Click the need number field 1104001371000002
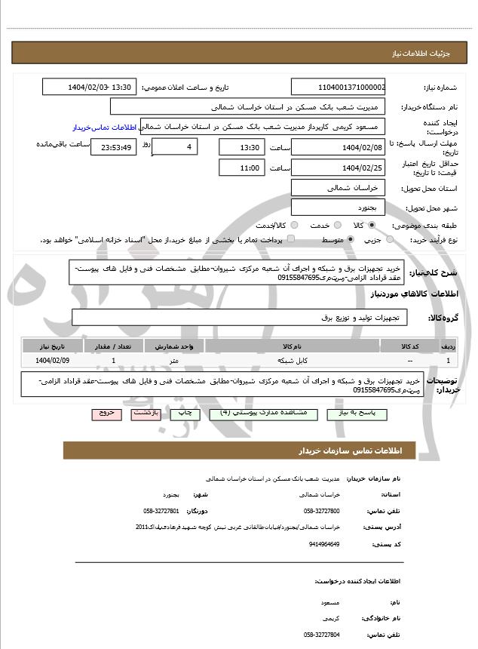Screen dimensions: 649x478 (339, 88)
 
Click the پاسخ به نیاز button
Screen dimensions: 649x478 (351, 414)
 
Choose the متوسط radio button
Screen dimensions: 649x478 (351, 239)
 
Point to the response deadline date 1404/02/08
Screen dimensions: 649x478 (339, 146)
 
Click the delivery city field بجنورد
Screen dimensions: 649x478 (339, 207)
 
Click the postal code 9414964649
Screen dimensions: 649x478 (325, 543)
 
